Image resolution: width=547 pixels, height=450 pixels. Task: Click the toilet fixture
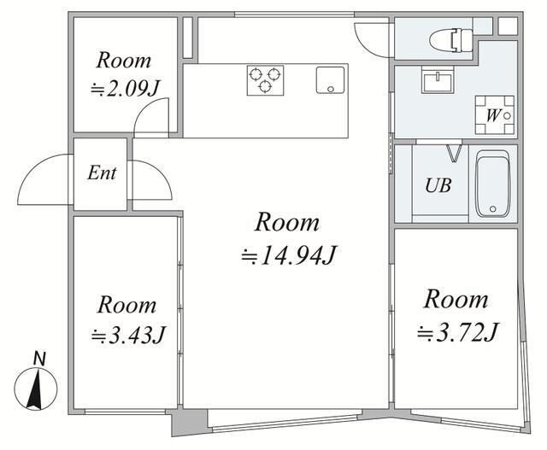pos(451,40)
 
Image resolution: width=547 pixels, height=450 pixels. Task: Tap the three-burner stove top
pos(265,80)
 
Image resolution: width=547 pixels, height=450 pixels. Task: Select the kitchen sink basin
pos(330,79)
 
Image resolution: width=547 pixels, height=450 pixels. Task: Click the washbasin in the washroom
pos(438,79)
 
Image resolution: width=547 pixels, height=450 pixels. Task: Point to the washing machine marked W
pos(495,115)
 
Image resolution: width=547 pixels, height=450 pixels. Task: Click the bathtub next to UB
pos(493,184)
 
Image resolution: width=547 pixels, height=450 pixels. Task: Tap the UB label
pos(438,185)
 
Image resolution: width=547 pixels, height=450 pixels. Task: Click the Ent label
pos(102,172)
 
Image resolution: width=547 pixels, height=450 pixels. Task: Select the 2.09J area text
pos(125,90)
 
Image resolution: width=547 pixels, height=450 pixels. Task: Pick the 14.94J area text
pos(289,255)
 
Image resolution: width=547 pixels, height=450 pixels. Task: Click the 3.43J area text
pos(127,335)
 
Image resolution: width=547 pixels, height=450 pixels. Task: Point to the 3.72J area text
pos(458,331)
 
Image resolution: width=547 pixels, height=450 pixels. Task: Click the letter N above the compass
pos(40,359)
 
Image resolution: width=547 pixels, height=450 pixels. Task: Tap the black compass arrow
pos(35,389)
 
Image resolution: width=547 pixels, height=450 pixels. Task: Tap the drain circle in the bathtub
pos(492,209)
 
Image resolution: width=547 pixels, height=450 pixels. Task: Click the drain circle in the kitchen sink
pos(331,90)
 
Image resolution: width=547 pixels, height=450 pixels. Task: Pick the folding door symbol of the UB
pos(454,154)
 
